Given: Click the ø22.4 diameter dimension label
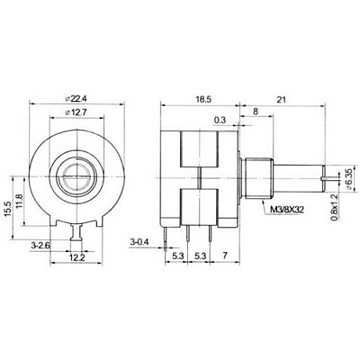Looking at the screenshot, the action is point(78,98).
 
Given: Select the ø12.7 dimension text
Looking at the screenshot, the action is point(76,112).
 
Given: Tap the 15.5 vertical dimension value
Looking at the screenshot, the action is point(8,209).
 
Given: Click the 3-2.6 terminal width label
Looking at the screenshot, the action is point(40,246).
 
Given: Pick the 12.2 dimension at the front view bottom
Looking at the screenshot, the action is point(77,257).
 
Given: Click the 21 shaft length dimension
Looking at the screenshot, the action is point(281,100).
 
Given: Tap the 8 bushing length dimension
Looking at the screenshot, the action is point(256,112).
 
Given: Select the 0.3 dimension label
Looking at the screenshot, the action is point(220,121).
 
